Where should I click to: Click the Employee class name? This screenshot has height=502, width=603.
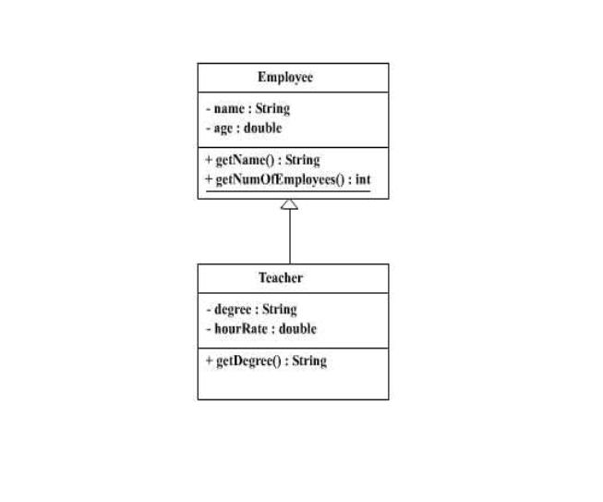285,78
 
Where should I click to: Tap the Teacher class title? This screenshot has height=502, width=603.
281,277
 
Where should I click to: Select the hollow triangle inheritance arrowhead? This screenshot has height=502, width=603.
289,204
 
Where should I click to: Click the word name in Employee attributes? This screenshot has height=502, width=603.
229,109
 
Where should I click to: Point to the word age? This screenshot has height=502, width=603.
223,129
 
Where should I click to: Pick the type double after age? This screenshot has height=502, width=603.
262,128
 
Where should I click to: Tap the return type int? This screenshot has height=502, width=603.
363,179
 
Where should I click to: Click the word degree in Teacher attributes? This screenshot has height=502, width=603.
233,310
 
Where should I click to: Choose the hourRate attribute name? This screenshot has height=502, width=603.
241,329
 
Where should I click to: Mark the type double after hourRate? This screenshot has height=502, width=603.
297,329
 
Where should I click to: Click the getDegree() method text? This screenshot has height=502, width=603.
248,361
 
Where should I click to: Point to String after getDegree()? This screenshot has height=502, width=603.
309,361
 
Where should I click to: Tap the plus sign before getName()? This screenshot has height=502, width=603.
209,159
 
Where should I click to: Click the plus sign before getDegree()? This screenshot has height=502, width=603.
210,361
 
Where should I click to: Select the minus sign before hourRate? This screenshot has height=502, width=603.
209,329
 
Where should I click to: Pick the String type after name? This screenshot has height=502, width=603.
272,109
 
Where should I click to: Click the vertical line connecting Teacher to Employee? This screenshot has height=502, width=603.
290,237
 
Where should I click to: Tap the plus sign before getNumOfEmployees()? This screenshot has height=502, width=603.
209,179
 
